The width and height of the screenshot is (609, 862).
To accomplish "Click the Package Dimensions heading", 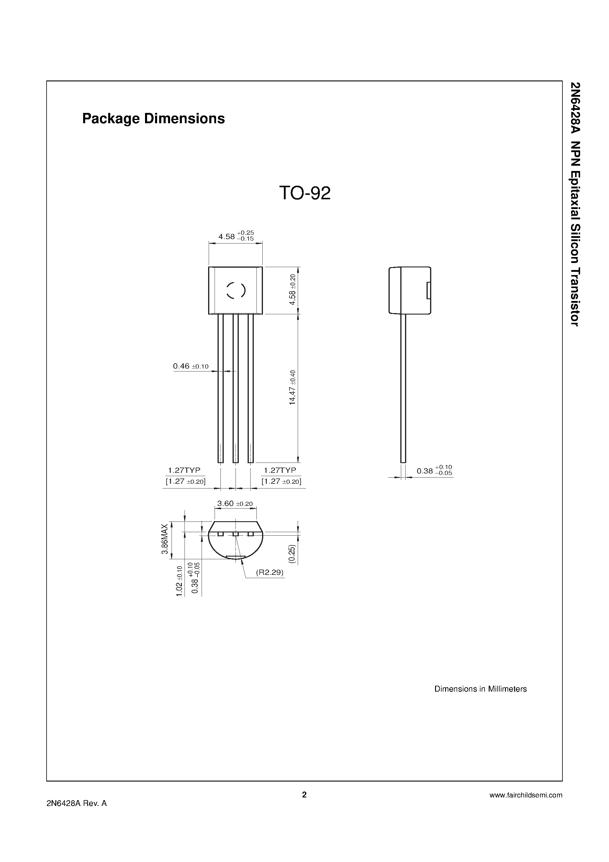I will pyautogui.click(x=153, y=119).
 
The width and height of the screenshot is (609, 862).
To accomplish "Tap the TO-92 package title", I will pyautogui.click(x=304, y=193).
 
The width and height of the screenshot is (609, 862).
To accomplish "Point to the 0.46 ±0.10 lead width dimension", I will pyautogui.click(x=190, y=366).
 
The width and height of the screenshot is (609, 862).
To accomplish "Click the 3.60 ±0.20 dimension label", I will pyautogui.click(x=235, y=504).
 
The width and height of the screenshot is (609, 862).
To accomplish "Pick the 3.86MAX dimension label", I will pyautogui.click(x=164, y=539).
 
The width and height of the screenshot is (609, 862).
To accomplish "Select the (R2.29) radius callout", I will pyautogui.click(x=270, y=572).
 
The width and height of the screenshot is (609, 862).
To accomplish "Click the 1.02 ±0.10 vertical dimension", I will pyautogui.click(x=180, y=581).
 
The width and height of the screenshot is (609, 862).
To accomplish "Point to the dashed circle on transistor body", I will pyautogui.click(x=236, y=290).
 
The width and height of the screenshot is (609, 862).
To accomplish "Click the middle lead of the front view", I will pyautogui.click(x=236, y=387).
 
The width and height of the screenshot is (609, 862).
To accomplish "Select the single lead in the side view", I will pyautogui.click(x=403, y=387).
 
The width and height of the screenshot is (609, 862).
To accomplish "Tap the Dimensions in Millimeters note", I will pyautogui.click(x=480, y=689).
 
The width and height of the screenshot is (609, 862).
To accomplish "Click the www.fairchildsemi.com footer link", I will pyautogui.click(x=526, y=795).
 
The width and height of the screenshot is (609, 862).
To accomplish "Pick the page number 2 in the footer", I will pyautogui.click(x=304, y=794).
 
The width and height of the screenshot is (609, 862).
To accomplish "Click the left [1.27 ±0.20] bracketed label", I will pyautogui.click(x=185, y=481).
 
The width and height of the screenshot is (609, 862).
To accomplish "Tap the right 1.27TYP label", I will pyautogui.click(x=280, y=470).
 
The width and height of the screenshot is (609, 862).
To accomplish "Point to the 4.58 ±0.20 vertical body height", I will pyautogui.click(x=292, y=289).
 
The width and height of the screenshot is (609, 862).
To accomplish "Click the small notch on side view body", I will pyautogui.click(x=429, y=291).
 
